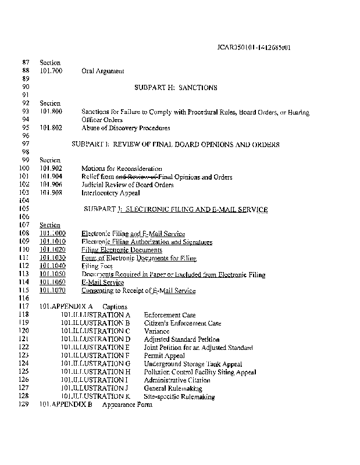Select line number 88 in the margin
[x=25, y=71]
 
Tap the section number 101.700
[x=51, y=71]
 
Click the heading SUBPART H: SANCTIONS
[x=175, y=88]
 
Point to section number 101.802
[x=51, y=128]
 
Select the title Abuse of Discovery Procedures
[x=126, y=128]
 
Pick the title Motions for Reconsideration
[x=122, y=169]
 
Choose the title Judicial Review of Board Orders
[x=127, y=185]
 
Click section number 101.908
[x=51, y=193]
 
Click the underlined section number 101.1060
[x=52, y=282]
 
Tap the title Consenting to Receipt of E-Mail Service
[x=138, y=291]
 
